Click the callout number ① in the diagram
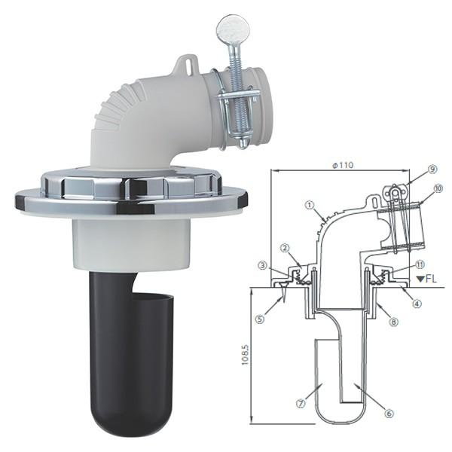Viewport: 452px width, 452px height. pos(310,205)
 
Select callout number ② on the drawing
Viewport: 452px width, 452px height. pos(285,248)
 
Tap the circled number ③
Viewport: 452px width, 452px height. pos(263,266)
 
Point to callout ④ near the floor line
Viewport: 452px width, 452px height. pos(417,304)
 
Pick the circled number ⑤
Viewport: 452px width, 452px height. pos(261,319)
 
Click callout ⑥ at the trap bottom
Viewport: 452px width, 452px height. pos(389,414)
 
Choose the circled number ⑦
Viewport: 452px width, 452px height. pos(301,404)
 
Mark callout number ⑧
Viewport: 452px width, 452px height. pos(394,322)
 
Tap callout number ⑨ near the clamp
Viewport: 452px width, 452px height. pos(432,169)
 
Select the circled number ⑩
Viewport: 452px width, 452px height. pos(438,189)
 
